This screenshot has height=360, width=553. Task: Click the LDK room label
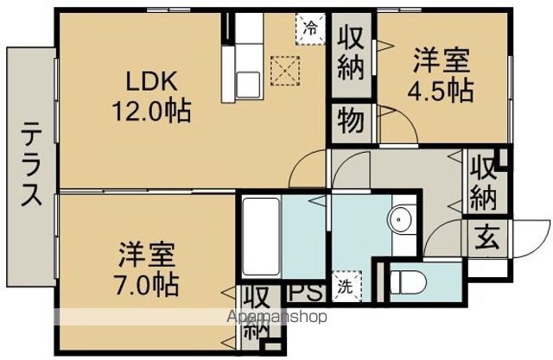click(x=151, y=82)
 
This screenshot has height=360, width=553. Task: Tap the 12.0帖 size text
click(x=151, y=111)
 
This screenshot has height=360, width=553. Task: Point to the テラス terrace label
click(x=31, y=163)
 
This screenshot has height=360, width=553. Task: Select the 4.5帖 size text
click(x=441, y=91)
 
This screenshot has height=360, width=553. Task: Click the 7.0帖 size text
click(x=146, y=284)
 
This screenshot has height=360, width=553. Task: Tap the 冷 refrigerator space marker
click(x=311, y=28)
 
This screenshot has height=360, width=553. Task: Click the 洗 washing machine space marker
click(x=346, y=287)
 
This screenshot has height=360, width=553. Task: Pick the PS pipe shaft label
click(x=306, y=292)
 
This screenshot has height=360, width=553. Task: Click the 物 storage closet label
click(x=351, y=121)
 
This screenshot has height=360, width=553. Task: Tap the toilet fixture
click(x=409, y=281)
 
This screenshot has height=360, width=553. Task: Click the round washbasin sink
click(x=399, y=220)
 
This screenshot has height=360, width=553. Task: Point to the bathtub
click(x=262, y=237)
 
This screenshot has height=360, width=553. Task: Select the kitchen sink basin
click(x=248, y=85)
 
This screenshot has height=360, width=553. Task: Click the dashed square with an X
click(x=285, y=71)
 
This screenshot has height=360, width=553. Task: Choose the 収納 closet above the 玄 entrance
click(x=484, y=182)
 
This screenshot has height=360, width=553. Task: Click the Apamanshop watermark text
click(x=277, y=317)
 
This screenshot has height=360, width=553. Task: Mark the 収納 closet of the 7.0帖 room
click(x=258, y=316)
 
